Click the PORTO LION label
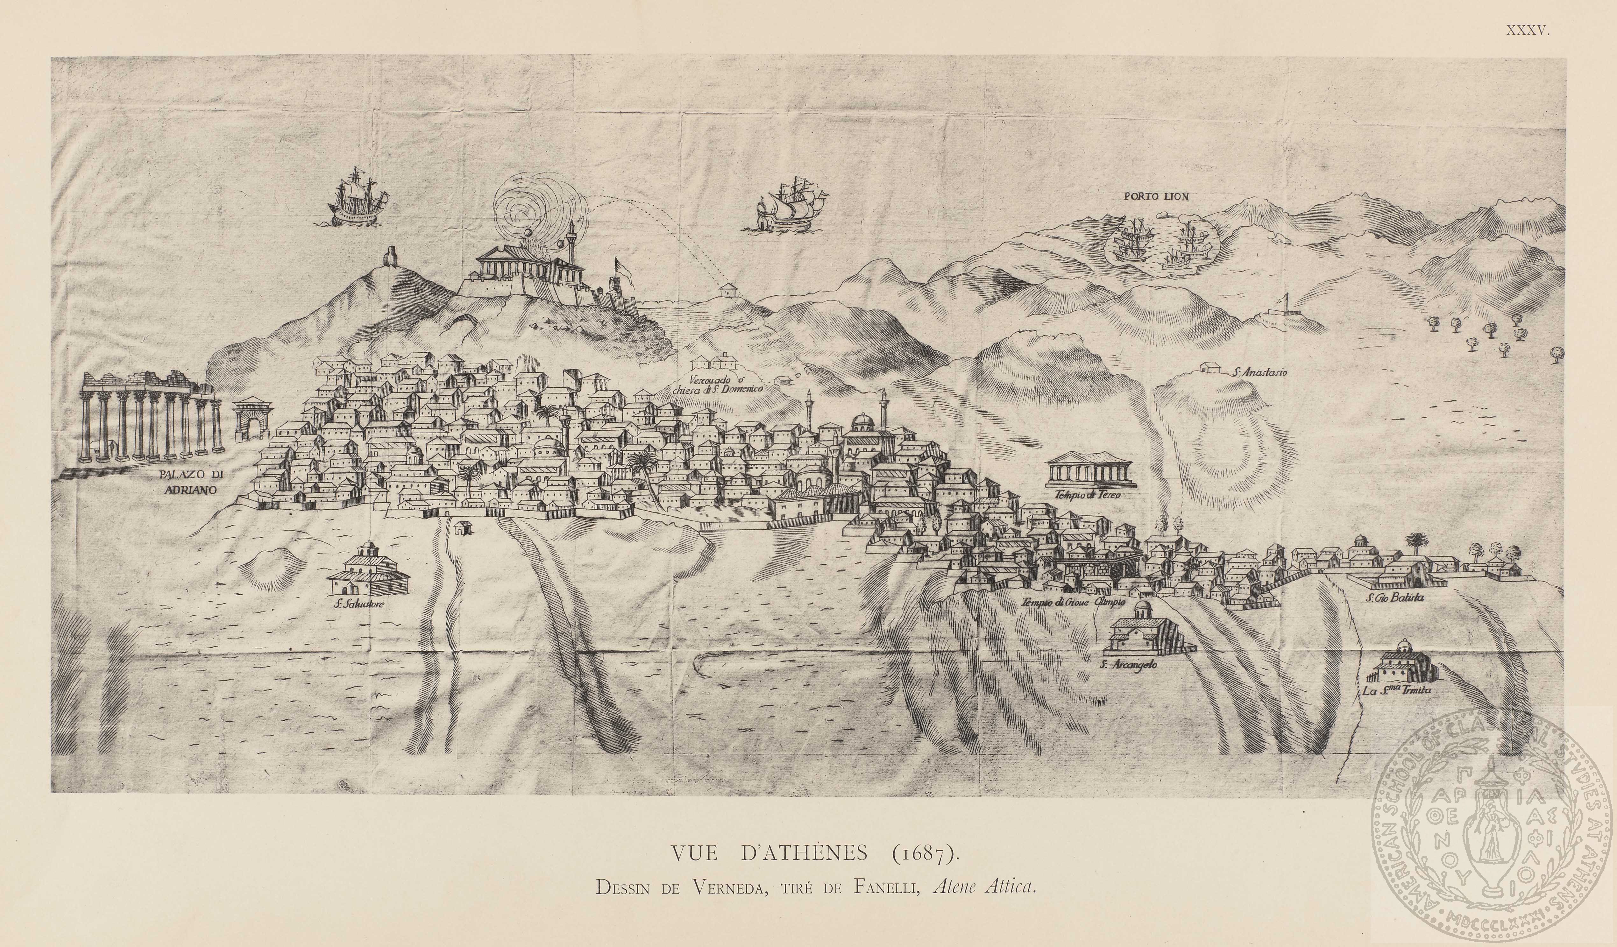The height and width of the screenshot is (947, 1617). tap(1156, 197)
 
